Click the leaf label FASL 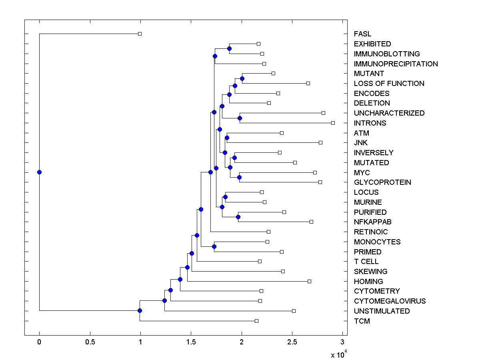point(362,34)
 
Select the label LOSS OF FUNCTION point(389,84)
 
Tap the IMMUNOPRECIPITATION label point(396,64)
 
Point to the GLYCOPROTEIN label point(382,182)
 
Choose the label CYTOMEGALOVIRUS point(390,301)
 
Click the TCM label point(362,321)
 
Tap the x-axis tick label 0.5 point(90,342)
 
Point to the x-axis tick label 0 point(39,342)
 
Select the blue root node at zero point(39,172)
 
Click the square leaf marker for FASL point(140,34)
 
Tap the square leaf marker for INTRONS point(333,123)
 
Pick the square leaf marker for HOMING point(309,281)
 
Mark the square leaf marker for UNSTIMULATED point(294,311)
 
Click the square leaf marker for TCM point(256,321)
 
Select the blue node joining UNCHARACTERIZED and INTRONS point(240,118)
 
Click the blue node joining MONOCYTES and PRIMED point(214,246)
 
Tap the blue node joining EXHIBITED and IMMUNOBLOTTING point(229,49)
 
